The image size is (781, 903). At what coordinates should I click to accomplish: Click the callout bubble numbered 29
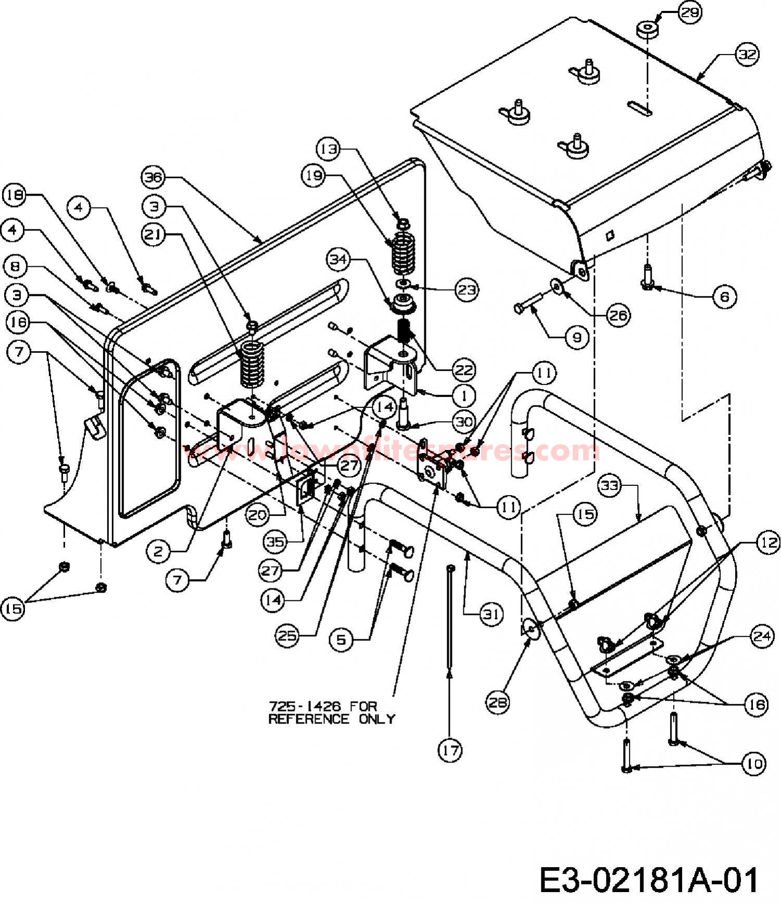[690, 12]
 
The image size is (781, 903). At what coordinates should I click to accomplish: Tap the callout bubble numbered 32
[747, 55]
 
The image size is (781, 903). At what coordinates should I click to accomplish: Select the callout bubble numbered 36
[153, 177]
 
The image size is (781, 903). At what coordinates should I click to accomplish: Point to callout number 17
[450, 751]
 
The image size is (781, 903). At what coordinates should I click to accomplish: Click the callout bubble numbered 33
[610, 486]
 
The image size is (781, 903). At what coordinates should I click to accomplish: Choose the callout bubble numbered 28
[498, 702]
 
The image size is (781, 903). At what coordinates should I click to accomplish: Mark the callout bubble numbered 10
[753, 764]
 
